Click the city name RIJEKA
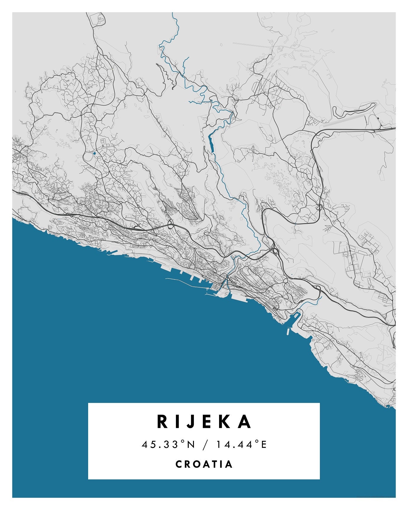pos(204,422)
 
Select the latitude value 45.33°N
pos(169,444)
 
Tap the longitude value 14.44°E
pos(241,444)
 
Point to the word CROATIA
pos(204,464)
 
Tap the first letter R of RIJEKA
pos(162,422)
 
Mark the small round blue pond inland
pos(94,153)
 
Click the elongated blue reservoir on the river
pos(211,143)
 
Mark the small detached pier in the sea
pos(288,331)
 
